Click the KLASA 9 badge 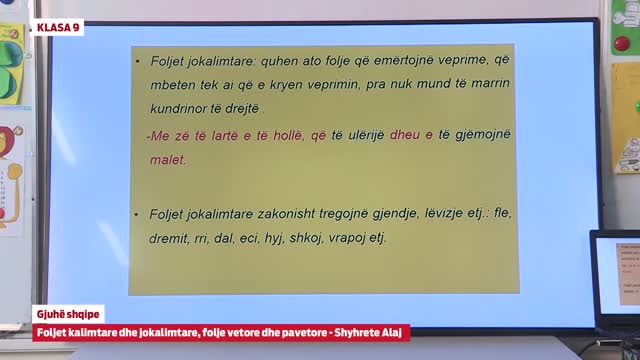[58, 27]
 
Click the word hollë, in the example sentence [281, 134]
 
